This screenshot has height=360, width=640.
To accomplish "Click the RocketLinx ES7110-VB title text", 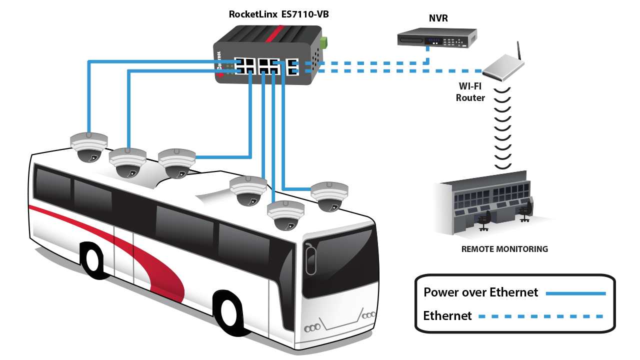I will (278, 14).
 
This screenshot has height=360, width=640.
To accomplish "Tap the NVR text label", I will (439, 18).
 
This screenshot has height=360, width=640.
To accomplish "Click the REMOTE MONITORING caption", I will (504, 249).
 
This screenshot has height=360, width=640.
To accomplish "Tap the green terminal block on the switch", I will (323, 42).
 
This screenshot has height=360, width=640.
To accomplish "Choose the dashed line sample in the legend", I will (540, 316).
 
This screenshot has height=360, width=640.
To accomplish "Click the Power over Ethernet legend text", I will (480, 292).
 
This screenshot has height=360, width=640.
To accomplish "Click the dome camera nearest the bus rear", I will (88, 147).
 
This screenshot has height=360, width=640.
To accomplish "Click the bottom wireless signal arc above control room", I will (503, 165).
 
